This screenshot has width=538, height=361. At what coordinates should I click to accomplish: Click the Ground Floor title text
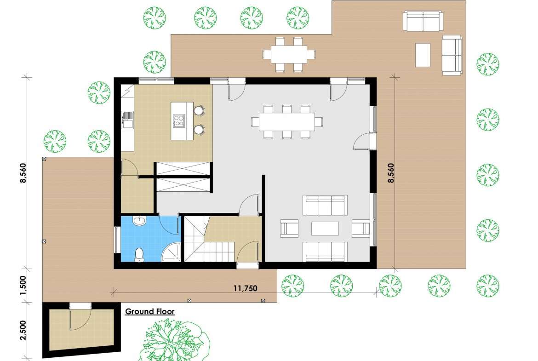(x=149, y=312)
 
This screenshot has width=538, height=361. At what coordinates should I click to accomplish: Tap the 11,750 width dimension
(x=246, y=288)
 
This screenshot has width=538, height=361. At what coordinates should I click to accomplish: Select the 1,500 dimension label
(x=23, y=285)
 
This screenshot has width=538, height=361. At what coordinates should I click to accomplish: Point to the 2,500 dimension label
(x=23, y=330)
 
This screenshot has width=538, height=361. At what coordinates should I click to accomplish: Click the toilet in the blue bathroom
(x=139, y=255)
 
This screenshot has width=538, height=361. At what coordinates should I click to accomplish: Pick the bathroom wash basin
(x=140, y=221)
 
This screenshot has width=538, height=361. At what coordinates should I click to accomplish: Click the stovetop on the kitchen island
(x=178, y=121)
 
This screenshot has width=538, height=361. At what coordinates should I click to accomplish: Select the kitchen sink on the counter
(x=127, y=120)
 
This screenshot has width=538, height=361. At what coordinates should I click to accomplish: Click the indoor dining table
(x=287, y=122)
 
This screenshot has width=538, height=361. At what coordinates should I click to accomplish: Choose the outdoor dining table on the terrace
(x=289, y=55)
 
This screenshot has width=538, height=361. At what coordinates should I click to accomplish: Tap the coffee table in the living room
(x=325, y=229)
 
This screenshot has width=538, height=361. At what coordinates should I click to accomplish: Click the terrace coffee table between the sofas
(x=423, y=55)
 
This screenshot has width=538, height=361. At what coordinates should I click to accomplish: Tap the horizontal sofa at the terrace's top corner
(x=423, y=21)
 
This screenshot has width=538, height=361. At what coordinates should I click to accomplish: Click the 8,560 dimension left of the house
(x=23, y=173)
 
